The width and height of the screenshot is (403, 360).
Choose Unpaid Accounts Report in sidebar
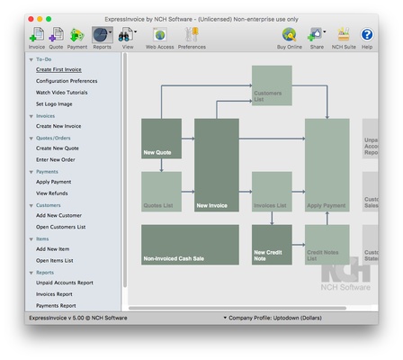pyautogui.click(x=65, y=283)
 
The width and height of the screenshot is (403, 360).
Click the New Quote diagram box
pyautogui.click(x=161, y=139)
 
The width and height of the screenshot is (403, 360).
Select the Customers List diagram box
pyautogui.click(x=271, y=86)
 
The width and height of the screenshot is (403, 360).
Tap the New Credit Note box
pyautogui.click(x=271, y=243)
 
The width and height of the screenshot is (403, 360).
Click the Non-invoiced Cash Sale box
pyautogui.click(x=190, y=245)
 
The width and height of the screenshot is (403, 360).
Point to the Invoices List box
pyautogui.click(x=271, y=191)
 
